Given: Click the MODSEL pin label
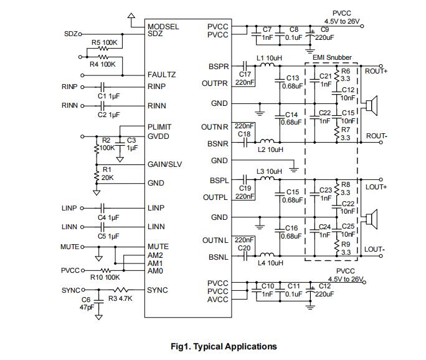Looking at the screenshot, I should [x=163, y=27].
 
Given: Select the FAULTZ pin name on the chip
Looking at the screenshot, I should [x=161, y=75].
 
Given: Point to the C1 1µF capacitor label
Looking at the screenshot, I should [x=108, y=96].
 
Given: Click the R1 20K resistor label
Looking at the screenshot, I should [x=107, y=173].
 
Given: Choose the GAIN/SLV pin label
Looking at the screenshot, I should [x=164, y=164].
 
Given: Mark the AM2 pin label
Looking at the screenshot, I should [x=155, y=255].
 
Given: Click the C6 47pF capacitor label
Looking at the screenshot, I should [x=86, y=303].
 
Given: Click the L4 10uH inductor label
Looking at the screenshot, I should [x=270, y=263].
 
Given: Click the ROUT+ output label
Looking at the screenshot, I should [x=376, y=71].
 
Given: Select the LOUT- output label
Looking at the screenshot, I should [x=375, y=250].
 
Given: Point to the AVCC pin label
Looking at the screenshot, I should [x=217, y=300].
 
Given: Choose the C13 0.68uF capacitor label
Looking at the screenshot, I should [x=291, y=82].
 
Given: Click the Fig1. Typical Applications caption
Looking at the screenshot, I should [x=224, y=346].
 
